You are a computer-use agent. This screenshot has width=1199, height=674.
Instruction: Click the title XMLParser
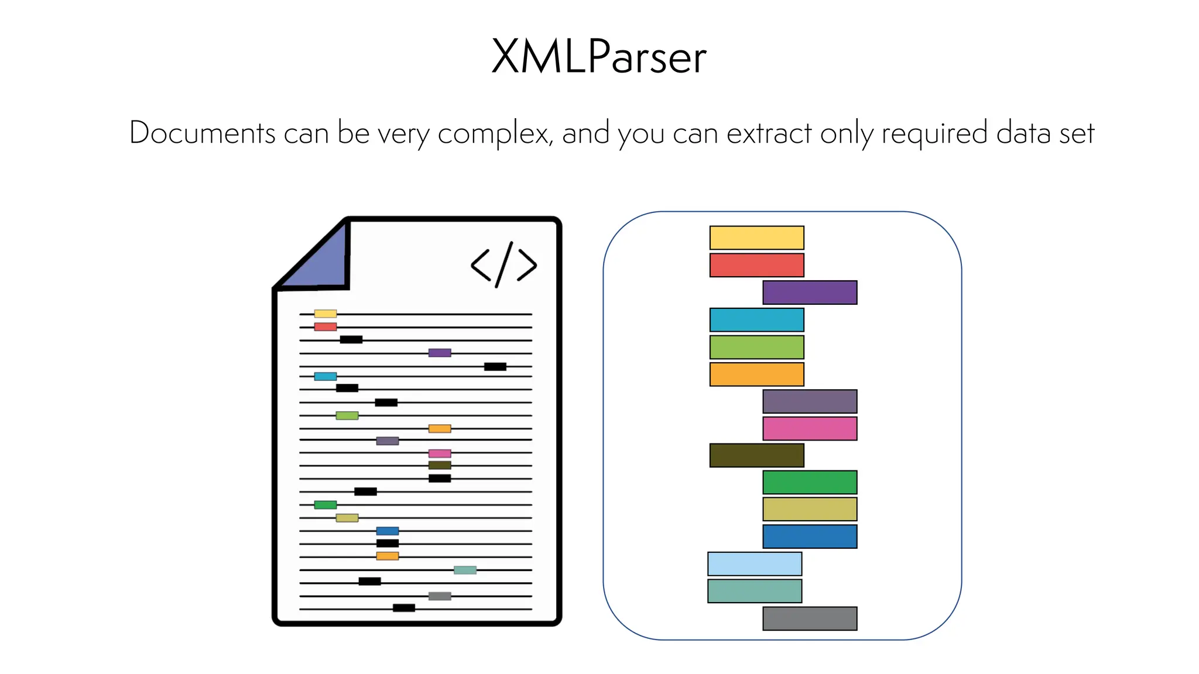(x=599, y=57)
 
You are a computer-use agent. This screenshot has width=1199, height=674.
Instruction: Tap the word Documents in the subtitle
(x=202, y=133)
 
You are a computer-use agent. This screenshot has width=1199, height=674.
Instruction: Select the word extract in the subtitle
(x=769, y=133)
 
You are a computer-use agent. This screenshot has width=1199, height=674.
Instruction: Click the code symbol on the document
(x=503, y=264)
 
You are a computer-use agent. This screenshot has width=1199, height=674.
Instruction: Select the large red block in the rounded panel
(x=756, y=265)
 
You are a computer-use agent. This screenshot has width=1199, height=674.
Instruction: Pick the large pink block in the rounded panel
(x=810, y=428)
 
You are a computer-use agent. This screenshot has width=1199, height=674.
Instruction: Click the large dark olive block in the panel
(x=756, y=455)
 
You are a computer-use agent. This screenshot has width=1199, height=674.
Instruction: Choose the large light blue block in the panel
(x=755, y=563)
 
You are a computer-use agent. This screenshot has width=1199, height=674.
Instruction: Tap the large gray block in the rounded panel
(x=810, y=618)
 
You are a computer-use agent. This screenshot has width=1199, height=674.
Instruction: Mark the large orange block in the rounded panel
(x=756, y=374)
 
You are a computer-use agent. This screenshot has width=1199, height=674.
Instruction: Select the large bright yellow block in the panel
(x=756, y=238)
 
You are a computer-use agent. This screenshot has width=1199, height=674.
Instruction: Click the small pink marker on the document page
(x=440, y=453)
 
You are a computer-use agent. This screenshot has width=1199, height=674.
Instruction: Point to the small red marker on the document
(x=326, y=327)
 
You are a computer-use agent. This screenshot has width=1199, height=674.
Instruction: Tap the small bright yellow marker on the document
(x=326, y=314)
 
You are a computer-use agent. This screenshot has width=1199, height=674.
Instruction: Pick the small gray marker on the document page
(x=440, y=596)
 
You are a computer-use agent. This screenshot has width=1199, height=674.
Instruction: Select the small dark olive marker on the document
(x=440, y=465)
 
